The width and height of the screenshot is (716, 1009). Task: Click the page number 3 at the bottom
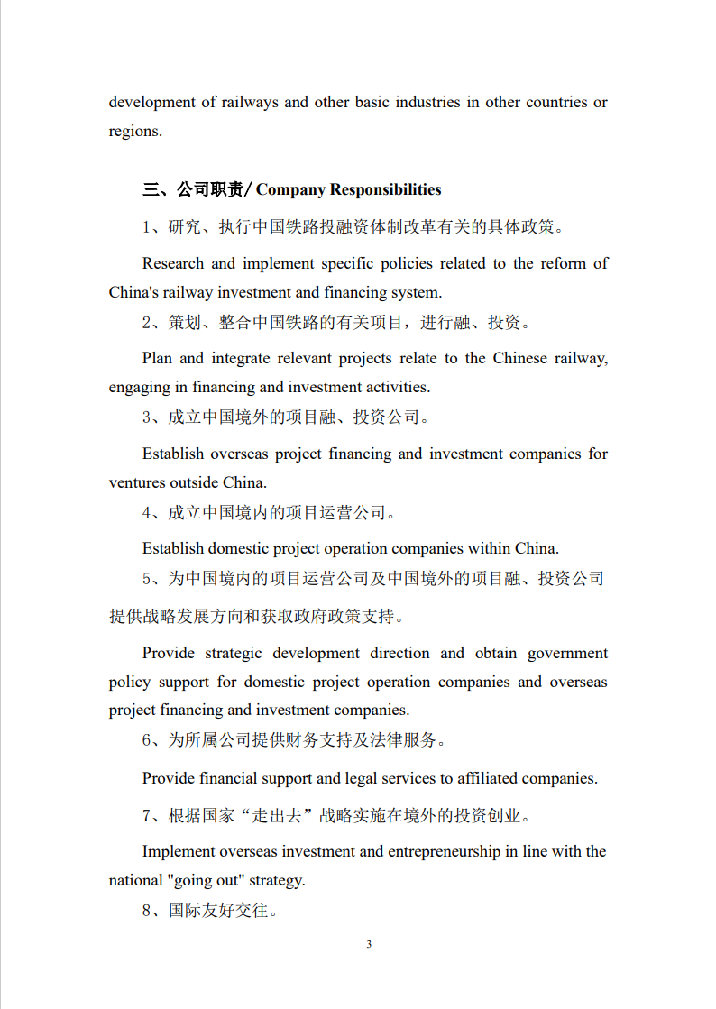coord(369,944)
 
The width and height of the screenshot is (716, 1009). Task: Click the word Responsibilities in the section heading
coord(385,189)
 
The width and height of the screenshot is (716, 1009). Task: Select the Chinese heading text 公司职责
coord(210,189)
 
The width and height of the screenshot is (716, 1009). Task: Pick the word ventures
coord(137,482)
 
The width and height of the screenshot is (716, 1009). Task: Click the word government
coord(567,653)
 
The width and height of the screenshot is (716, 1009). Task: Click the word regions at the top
coord(134,132)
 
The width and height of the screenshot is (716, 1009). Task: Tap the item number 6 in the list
coord(147,740)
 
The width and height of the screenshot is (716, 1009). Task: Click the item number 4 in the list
coord(147,513)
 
